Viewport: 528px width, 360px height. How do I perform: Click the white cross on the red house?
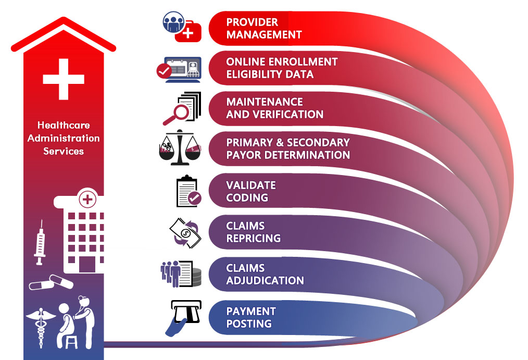[x=64, y=79]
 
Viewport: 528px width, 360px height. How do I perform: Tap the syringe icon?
[x=40, y=242]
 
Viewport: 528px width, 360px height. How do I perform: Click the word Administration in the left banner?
[x=64, y=138]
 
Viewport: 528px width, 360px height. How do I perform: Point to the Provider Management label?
[x=264, y=28]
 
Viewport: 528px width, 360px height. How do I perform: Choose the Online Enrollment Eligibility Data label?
[x=282, y=68]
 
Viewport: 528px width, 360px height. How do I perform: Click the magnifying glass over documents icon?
[x=182, y=108]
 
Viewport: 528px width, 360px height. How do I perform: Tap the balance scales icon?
[x=180, y=147]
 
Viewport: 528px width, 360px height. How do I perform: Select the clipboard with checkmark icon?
[x=188, y=191]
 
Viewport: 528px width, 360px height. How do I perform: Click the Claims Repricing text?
[x=253, y=232]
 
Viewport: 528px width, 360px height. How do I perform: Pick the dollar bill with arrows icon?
[x=185, y=233]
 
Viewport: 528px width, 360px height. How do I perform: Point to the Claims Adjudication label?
[x=265, y=274]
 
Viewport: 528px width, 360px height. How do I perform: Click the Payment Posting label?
[x=251, y=317]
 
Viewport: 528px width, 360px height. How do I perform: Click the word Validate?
[x=251, y=185]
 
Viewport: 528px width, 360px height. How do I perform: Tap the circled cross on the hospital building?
[x=87, y=200]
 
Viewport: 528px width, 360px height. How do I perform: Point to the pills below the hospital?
[x=51, y=283]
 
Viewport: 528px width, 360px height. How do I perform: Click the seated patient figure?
[x=66, y=326]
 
